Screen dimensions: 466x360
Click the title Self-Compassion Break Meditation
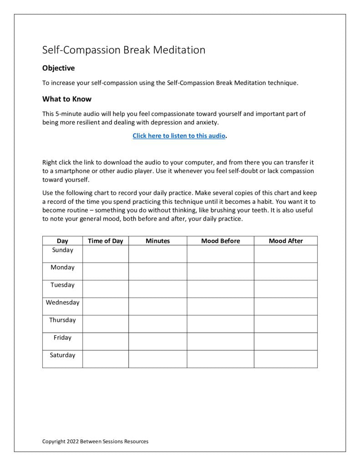(123, 50)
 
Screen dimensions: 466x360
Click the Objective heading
(58, 68)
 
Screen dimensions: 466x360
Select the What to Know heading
(67, 99)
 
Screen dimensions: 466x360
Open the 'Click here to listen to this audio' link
(179, 136)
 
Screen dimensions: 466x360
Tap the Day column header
(62, 241)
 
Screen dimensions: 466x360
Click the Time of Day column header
(105, 241)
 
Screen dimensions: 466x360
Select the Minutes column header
(157, 241)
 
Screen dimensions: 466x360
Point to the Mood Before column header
(220, 241)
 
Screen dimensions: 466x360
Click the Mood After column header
(285, 241)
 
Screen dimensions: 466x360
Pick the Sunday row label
(62, 250)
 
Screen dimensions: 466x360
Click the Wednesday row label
(62, 303)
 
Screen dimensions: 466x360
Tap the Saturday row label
(62, 355)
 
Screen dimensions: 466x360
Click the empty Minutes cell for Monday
(157, 271)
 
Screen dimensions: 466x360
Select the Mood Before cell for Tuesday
(220, 289)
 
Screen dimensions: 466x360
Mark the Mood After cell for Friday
(285, 341)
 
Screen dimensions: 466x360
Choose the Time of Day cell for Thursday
(105, 324)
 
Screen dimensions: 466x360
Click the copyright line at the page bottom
(95, 441)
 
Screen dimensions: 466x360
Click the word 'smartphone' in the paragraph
(66, 171)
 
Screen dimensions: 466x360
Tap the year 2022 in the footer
(72, 441)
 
